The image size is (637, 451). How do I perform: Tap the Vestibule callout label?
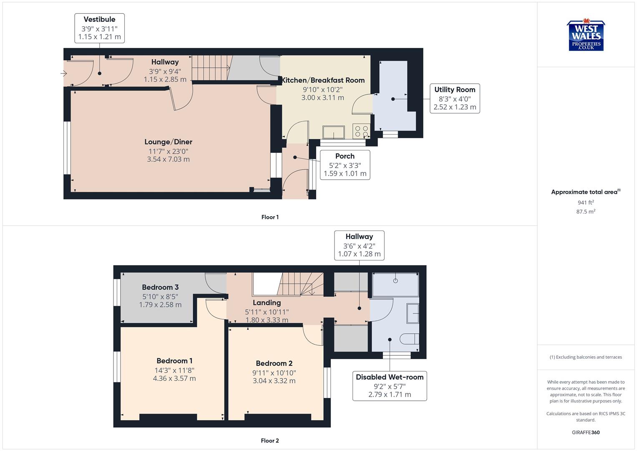pyautogui.click(x=99, y=28)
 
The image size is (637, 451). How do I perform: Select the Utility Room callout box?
pyautogui.click(x=455, y=98)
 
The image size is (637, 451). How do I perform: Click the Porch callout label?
pyautogui.click(x=345, y=165)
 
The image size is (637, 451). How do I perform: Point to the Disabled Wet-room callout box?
pyautogui.click(x=390, y=385)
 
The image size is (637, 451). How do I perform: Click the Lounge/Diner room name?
pyautogui.click(x=168, y=142)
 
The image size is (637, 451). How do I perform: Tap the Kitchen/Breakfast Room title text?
pyautogui.click(x=323, y=80)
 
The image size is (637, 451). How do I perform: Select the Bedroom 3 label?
pyautogui.click(x=160, y=287)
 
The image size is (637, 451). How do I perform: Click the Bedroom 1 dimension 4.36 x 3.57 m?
pyautogui.click(x=174, y=379)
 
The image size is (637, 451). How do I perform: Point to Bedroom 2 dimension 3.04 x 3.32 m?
pyautogui.click(x=274, y=381)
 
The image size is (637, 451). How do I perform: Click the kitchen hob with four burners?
pyautogui.click(x=361, y=132)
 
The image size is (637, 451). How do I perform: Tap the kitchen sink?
pyautogui.click(x=333, y=132)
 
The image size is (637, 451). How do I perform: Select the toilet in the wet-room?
pyautogui.click(x=409, y=338)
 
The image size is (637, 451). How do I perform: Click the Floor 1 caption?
pyautogui.click(x=270, y=217)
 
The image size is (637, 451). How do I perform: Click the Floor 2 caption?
pyautogui.click(x=270, y=441)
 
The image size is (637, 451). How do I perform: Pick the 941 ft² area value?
pyautogui.click(x=586, y=203)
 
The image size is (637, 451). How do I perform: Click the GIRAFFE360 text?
pyautogui.click(x=586, y=433)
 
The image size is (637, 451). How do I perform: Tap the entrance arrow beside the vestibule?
pyautogui.click(x=64, y=74)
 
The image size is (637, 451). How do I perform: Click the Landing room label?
pyautogui.click(x=267, y=303)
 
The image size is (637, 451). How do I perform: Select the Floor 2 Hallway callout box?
pyautogui.click(x=359, y=245)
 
